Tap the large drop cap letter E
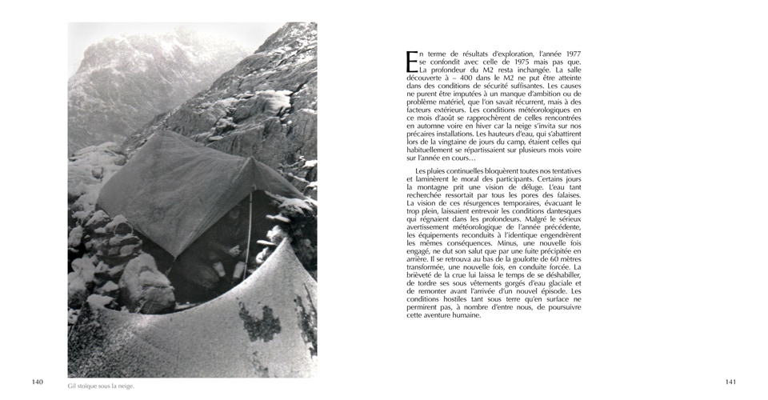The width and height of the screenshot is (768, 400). [412, 62]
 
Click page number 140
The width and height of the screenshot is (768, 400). [38, 382]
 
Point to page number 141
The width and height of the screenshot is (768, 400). [730, 382]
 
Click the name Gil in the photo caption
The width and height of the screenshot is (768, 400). [73, 386]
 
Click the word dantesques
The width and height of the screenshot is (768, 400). [562, 211]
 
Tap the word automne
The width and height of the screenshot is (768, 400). [424, 126]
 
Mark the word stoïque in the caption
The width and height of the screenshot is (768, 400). [91, 386]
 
